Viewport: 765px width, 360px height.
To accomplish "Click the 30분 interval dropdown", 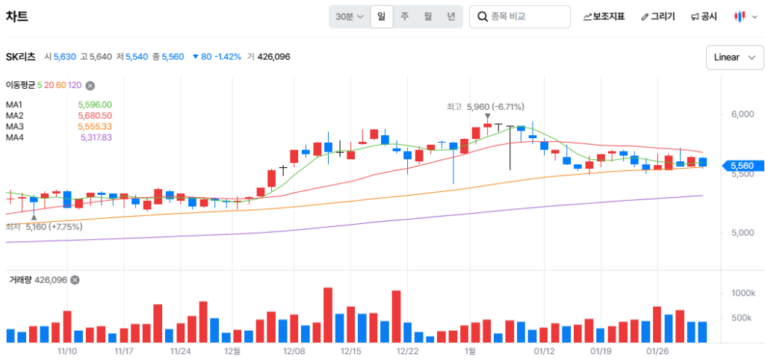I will click(x=350, y=16).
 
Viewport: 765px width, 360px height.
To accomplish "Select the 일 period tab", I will click(x=381, y=16).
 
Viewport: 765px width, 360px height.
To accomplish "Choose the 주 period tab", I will click(x=404, y=16).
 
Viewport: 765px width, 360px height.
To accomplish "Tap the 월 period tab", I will click(x=427, y=16).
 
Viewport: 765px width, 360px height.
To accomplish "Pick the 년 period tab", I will click(x=450, y=16).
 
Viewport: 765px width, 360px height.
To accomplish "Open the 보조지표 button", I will click(x=604, y=16).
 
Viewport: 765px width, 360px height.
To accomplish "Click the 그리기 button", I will click(x=657, y=16).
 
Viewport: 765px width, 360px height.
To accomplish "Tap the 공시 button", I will click(x=704, y=16).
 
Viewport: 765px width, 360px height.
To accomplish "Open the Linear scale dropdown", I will click(x=734, y=58).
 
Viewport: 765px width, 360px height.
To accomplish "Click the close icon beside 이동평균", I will click(x=90, y=86).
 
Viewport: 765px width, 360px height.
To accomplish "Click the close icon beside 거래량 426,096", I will click(x=75, y=280).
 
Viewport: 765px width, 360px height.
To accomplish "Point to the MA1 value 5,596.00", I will click(x=95, y=105).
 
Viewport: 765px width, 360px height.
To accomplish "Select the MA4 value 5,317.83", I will click(x=96, y=137).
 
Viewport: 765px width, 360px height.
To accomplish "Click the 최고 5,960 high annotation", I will click(x=486, y=107).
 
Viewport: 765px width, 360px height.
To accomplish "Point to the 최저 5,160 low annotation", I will click(x=45, y=226).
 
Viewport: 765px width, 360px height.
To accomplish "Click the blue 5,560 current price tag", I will click(x=740, y=165).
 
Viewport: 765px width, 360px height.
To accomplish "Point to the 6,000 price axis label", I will click(x=743, y=114).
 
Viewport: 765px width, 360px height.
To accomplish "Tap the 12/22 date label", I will click(x=407, y=350).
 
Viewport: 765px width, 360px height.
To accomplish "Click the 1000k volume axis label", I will click(x=743, y=293).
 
